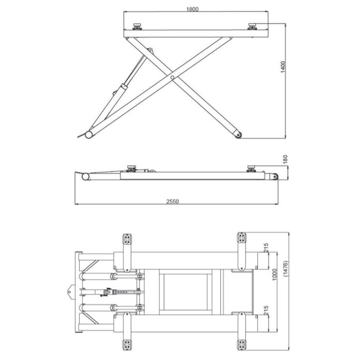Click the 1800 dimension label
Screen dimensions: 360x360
click(193, 9)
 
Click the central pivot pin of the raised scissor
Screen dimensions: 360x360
click(173, 78)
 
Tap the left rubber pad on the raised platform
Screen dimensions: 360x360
click(137, 26)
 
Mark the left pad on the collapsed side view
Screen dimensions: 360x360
click(131, 167)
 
